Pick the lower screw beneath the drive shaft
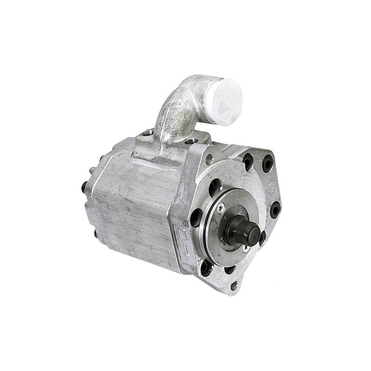tap(246, 249)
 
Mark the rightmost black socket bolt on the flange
tap(275, 210)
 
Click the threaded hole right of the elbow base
tap(191, 141)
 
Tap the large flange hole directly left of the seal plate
tap(196, 217)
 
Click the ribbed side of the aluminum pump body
tap(137, 215)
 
